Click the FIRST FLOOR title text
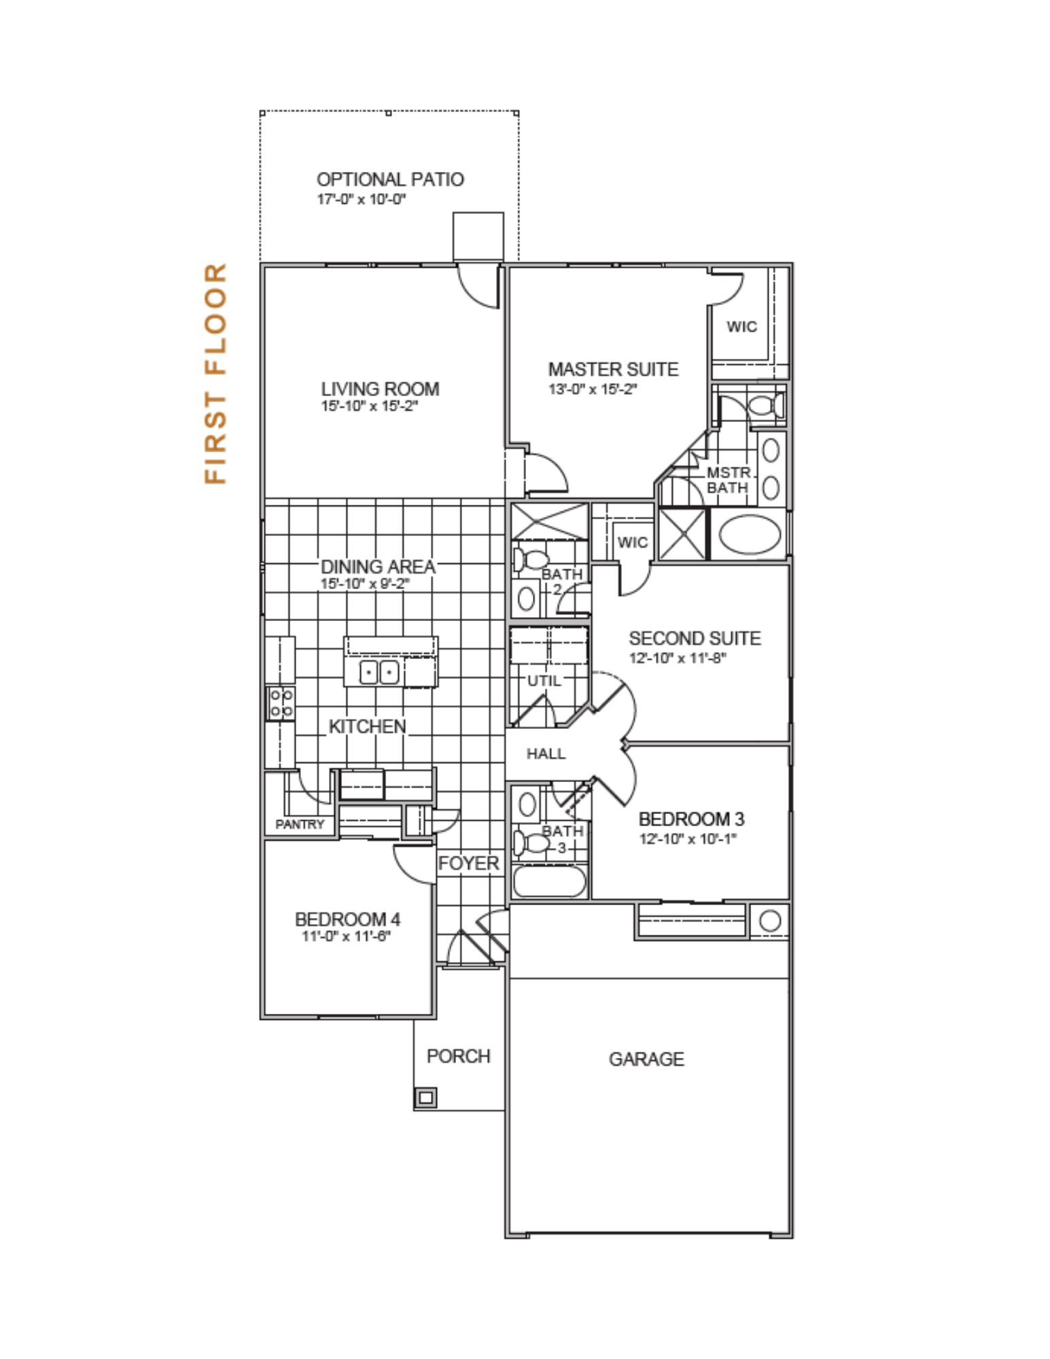coord(215,374)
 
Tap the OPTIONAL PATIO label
coord(390,179)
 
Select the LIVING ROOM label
coord(380,389)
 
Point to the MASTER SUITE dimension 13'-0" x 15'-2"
coord(593,389)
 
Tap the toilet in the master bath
coord(767,407)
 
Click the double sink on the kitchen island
coord(379,672)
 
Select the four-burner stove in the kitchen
coord(281,703)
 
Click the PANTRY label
coord(300,824)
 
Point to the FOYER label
coord(469,863)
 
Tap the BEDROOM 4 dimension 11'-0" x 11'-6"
coord(347,936)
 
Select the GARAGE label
coord(646,1059)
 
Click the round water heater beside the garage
coord(769,921)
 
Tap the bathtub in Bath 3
coord(548,881)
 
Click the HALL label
coord(546,753)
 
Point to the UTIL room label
coord(544,680)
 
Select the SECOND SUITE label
coord(695,638)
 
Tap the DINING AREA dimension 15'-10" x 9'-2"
coord(365,584)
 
